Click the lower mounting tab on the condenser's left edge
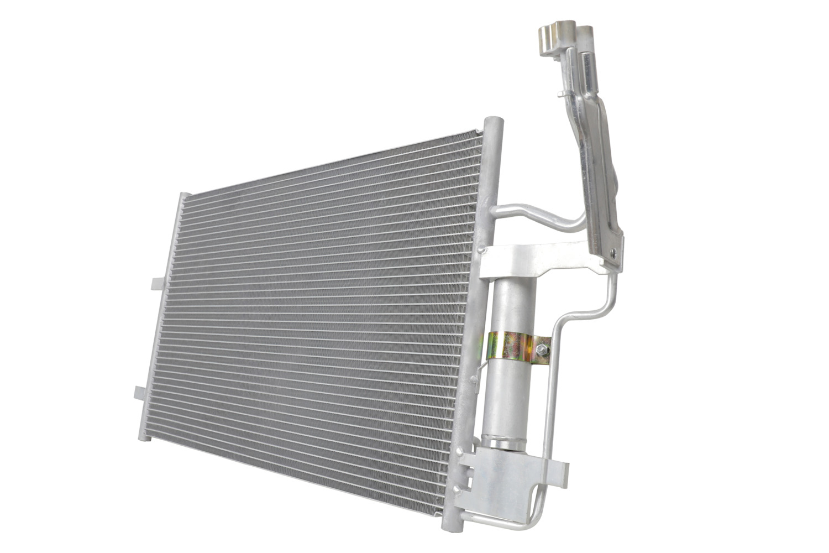coord(141,392)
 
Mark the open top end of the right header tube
coord(494,122)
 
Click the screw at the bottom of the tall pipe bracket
coord(612,252)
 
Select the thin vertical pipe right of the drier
coord(550,398)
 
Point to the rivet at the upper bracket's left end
coord(485,252)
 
